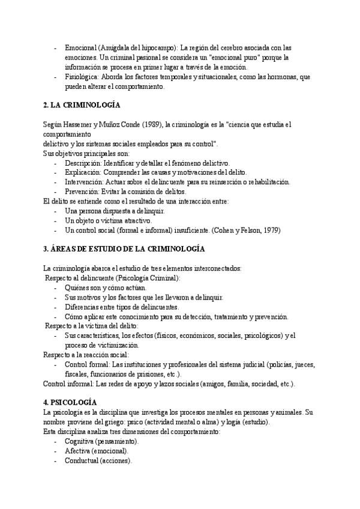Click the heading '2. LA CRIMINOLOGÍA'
(x=82, y=105)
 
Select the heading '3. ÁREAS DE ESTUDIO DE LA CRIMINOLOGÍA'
(x=124, y=248)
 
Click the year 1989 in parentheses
(x=151, y=124)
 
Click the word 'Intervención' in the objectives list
(x=83, y=182)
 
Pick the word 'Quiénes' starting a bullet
(x=77, y=288)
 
